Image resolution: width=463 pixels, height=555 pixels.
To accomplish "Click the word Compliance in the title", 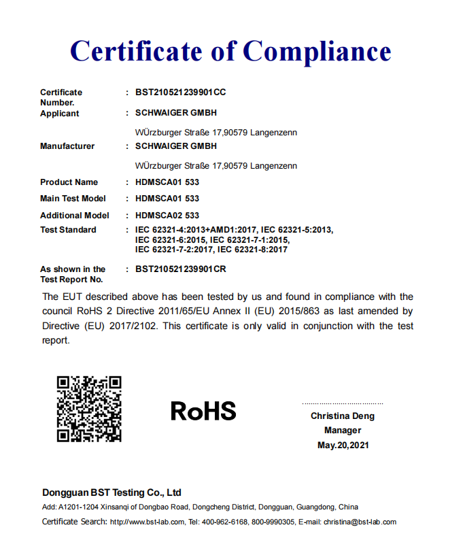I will pyautogui.click(x=317, y=51).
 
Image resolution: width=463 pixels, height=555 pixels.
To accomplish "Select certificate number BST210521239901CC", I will pyautogui.click(x=180, y=92).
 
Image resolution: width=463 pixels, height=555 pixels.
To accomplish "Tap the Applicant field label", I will pyautogui.click(x=60, y=114).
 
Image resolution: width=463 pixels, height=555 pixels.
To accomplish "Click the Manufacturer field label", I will pyautogui.click(x=67, y=146).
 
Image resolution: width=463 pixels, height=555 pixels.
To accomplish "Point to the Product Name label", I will pyautogui.click(x=69, y=182).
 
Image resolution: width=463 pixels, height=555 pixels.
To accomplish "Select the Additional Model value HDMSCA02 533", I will pyautogui.click(x=167, y=216).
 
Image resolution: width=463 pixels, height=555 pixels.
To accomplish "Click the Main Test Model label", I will pyautogui.click(x=73, y=199).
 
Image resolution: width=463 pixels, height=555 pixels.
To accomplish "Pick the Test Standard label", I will pyautogui.click(x=68, y=230).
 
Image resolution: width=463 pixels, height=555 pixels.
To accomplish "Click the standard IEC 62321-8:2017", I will pyautogui.click(x=250, y=250).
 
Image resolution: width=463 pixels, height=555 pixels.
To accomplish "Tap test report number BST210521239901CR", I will pyautogui.click(x=181, y=269).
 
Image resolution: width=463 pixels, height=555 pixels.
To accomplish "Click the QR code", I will pyautogui.click(x=89, y=409).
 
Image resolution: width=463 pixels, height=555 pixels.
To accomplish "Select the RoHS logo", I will pyautogui.click(x=203, y=411).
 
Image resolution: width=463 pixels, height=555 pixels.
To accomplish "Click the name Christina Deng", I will pyautogui.click(x=343, y=416).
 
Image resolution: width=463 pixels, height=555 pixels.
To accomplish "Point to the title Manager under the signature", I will pyautogui.click(x=343, y=431).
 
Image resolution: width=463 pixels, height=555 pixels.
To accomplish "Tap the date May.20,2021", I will pyautogui.click(x=343, y=445).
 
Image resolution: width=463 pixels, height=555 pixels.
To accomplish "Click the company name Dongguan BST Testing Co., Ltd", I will pyautogui.click(x=112, y=492).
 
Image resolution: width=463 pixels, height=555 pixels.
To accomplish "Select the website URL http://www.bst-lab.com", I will pyautogui.click(x=147, y=522).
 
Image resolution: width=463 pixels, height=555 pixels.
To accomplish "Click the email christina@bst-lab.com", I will pyautogui.click(x=360, y=522).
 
